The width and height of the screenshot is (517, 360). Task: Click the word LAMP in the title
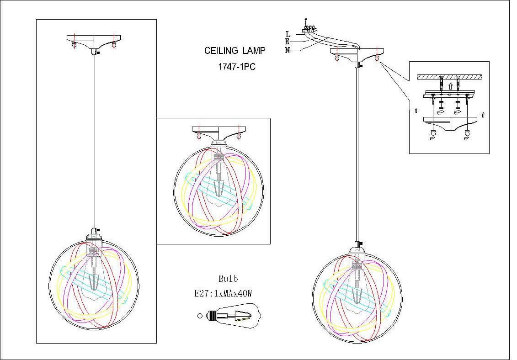[254, 51]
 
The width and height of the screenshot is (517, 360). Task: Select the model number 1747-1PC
[236, 66]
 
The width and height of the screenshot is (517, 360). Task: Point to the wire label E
[288, 42]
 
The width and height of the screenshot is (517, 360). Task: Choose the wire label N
[288, 50]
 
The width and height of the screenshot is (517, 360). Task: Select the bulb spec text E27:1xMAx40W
[224, 294]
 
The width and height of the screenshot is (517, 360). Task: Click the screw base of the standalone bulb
[211, 315]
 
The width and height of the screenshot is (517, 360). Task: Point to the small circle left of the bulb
[200, 315]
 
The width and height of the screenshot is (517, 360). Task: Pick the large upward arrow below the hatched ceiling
[450, 86]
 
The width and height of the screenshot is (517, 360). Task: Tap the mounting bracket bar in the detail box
[450, 95]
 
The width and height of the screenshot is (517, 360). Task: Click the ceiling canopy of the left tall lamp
[94, 40]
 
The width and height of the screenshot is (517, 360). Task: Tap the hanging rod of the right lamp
[357, 151]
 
